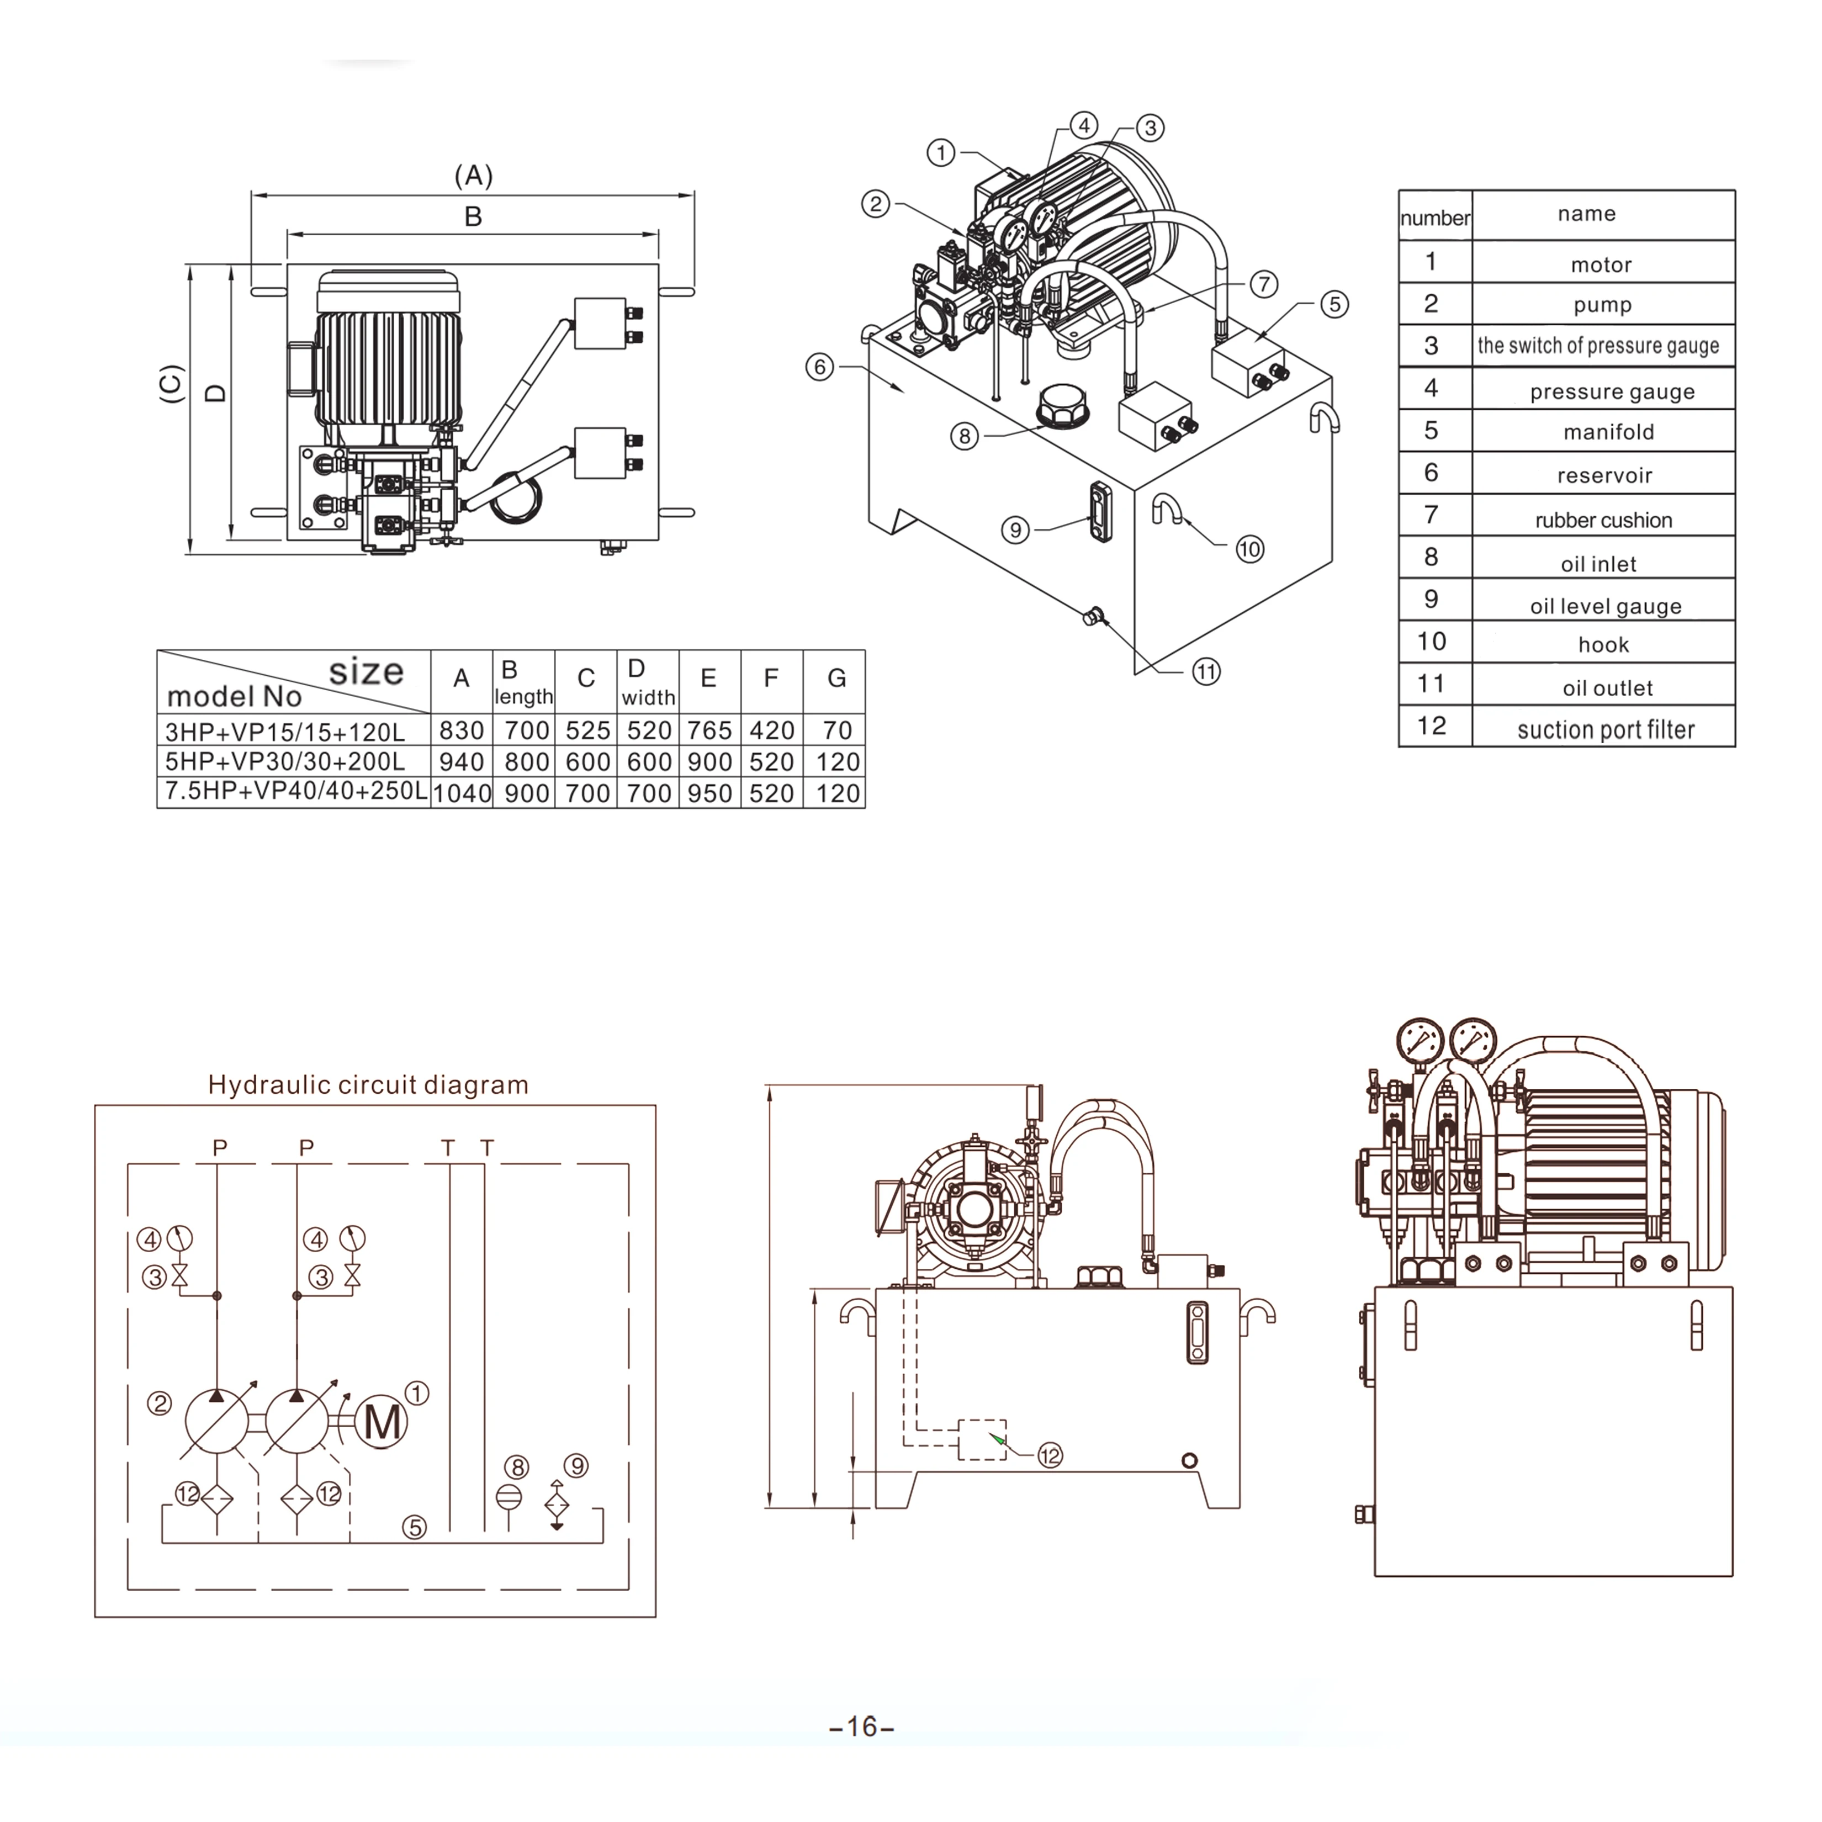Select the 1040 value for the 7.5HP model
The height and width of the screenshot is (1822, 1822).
[x=461, y=793]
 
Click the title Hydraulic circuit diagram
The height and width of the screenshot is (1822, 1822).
[x=368, y=1084]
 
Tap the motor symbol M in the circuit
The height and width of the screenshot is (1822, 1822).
[x=382, y=1422]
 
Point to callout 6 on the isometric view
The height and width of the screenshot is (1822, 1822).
[x=819, y=367]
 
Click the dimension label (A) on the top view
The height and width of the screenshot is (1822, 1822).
[x=473, y=176]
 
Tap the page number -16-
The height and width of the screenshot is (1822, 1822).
[x=861, y=1726]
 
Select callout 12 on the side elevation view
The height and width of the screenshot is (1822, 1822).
[x=1050, y=1455]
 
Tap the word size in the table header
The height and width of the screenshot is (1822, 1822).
[x=366, y=671]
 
